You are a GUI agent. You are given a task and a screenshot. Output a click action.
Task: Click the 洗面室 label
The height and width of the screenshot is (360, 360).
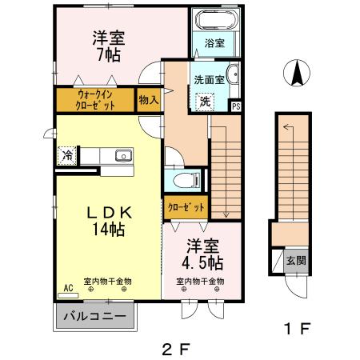(209, 79)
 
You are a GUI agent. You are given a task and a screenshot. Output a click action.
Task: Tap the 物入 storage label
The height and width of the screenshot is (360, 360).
(148, 100)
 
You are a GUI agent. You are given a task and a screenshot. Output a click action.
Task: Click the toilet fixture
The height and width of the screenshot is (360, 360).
(183, 179)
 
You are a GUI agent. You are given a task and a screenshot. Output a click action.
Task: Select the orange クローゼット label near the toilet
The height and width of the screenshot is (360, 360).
(186, 207)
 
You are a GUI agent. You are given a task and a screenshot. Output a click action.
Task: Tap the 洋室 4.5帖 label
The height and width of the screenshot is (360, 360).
(201, 254)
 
